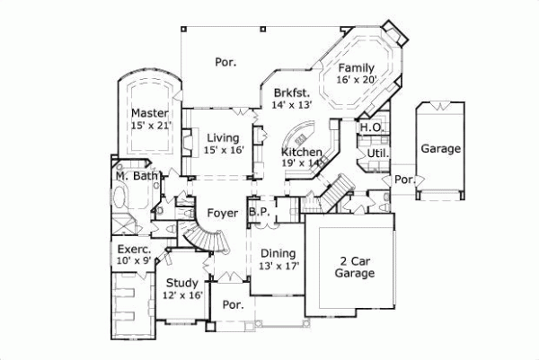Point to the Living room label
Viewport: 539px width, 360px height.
coord(222,137)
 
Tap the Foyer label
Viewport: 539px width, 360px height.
coord(222,213)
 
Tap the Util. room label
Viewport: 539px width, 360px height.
coord(376,154)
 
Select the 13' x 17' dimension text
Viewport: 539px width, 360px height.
coord(278,266)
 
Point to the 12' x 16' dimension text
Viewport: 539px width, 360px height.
coord(181,295)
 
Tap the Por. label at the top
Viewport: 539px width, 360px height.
coord(225,63)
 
